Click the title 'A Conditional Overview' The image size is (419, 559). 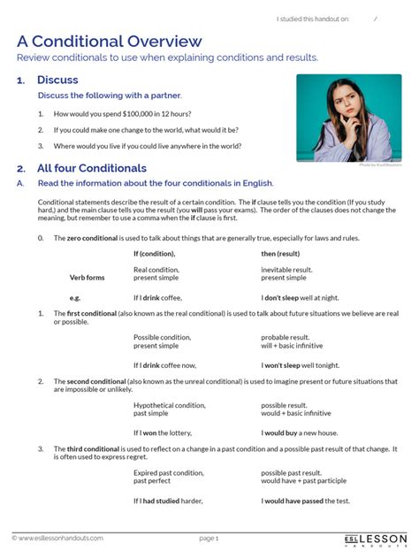[109, 41]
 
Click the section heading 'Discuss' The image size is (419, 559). [57, 80]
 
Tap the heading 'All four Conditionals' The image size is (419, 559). [91, 168]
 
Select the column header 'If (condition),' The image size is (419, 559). [154, 254]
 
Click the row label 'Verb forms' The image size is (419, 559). [88, 277]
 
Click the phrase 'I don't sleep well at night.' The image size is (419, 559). [305, 298]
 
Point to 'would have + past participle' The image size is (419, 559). [305, 480]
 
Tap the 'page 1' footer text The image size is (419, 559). [209, 538]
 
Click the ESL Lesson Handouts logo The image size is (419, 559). [376, 539]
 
